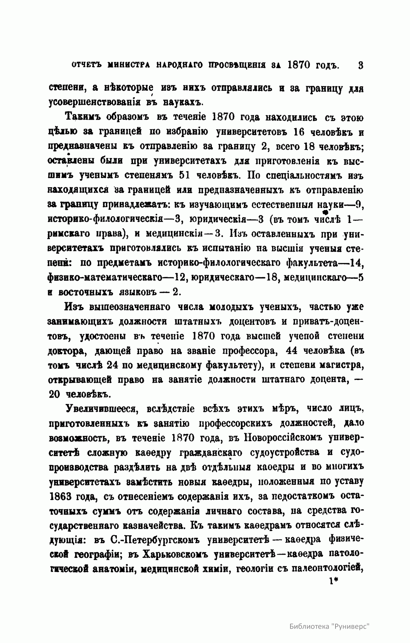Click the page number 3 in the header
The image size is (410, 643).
click(x=360, y=65)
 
